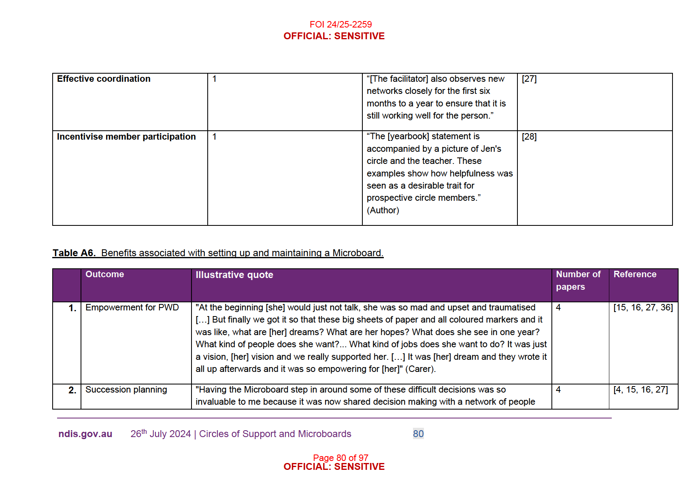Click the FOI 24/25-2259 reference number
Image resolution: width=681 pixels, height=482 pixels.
(x=340, y=24)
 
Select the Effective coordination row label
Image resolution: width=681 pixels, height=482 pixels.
(x=104, y=79)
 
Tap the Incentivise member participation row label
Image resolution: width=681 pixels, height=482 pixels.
(x=126, y=137)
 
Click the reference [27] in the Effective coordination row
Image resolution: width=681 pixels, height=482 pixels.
(x=529, y=79)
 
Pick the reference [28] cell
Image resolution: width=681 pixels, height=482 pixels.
(x=529, y=137)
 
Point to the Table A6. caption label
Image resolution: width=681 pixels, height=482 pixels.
(x=74, y=253)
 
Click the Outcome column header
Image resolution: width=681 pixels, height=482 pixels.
(x=104, y=274)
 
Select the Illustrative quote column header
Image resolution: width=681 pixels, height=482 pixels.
(x=234, y=275)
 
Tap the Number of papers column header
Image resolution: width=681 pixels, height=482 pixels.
(x=578, y=280)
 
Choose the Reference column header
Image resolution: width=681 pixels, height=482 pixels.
(x=635, y=274)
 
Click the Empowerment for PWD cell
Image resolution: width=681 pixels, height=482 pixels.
(x=132, y=308)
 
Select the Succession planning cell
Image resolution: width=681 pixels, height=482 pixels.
(x=126, y=390)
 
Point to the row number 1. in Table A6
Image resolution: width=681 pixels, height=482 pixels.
(x=72, y=308)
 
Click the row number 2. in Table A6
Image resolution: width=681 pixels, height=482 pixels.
(x=72, y=390)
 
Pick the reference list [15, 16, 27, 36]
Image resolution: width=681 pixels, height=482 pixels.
(x=643, y=308)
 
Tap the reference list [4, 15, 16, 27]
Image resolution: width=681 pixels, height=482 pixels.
(x=641, y=390)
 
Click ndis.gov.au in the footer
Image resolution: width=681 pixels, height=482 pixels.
(x=85, y=434)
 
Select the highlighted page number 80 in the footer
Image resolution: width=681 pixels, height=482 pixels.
(x=418, y=434)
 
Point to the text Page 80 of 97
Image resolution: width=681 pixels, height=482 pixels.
(x=340, y=458)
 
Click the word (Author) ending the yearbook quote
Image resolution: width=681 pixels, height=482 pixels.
(x=383, y=210)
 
